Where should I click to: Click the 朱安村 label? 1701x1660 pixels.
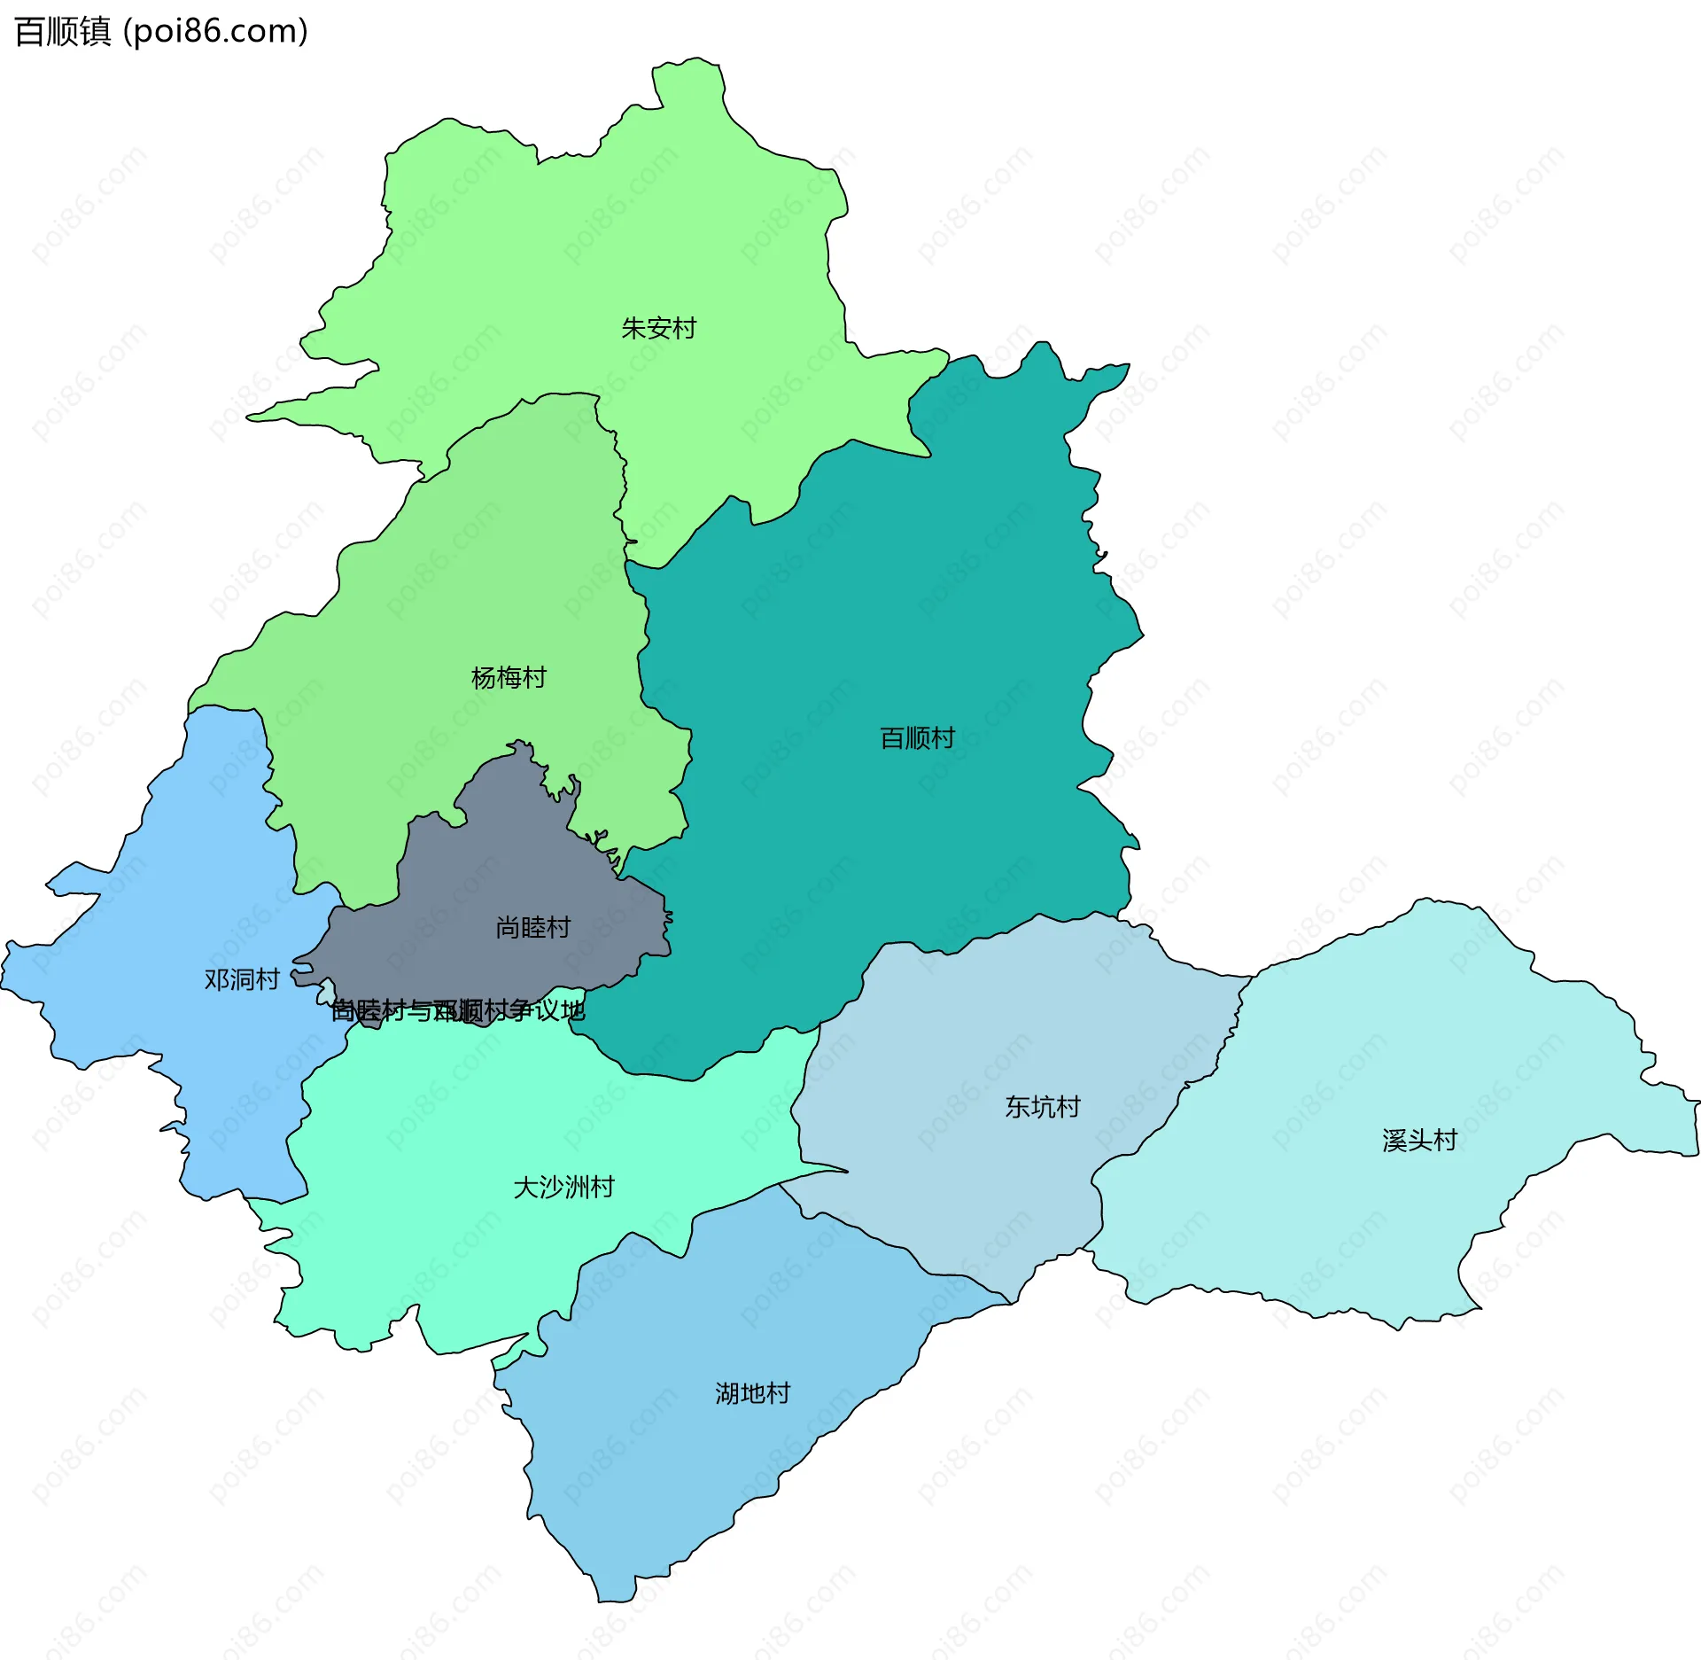coord(658,329)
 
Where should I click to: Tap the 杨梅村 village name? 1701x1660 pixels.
coord(509,678)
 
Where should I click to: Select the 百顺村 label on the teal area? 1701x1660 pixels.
coord(917,738)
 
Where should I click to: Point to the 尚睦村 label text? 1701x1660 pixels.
coord(532,928)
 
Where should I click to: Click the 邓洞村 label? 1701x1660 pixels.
coord(242,979)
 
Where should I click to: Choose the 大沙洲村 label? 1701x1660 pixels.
coord(563,1188)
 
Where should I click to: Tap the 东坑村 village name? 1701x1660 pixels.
coord(1042,1107)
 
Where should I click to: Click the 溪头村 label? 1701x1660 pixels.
coord(1419,1141)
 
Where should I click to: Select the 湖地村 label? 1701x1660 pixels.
coord(752,1394)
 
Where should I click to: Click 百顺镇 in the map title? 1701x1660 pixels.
coord(63,32)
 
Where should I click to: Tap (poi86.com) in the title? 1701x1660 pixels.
coord(215,32)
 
